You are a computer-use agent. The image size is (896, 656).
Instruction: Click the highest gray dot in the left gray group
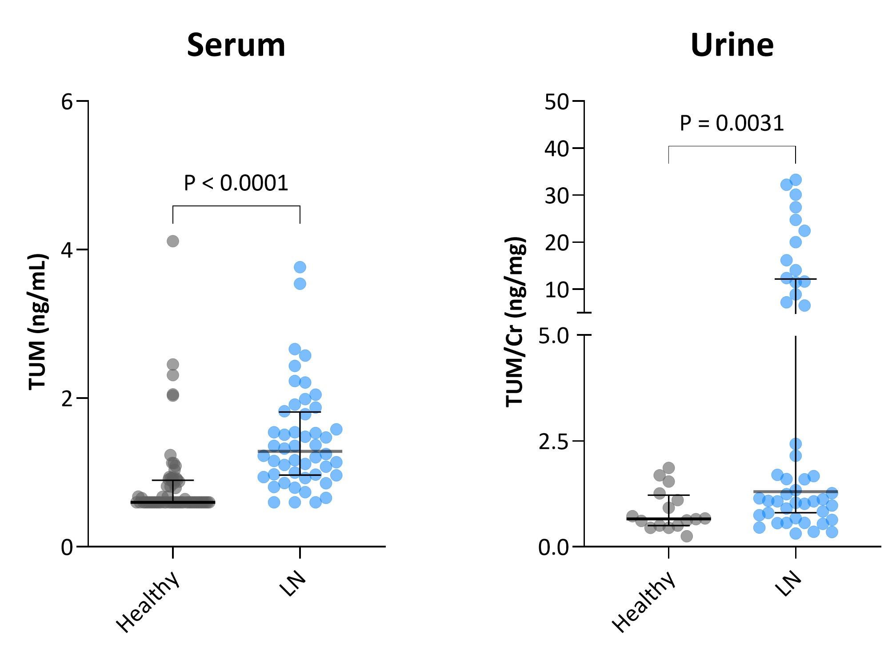[x=173, y=241]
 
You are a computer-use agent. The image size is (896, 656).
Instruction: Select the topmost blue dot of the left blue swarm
[x=300, y=267]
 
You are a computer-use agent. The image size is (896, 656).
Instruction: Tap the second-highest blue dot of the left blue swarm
[x=300, y=283]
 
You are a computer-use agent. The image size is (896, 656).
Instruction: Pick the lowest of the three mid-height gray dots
[x=173, y=395]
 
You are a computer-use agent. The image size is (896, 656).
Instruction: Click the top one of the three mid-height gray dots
[x=173, y=365]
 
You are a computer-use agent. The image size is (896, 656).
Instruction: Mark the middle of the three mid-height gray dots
[x=173, y=375]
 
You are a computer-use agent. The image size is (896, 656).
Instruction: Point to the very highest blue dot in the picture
[x=796, y=180]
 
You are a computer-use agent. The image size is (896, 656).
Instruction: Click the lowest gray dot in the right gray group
[x=687, y=536]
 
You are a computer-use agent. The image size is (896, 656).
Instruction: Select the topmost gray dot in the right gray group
[x=668, y=468]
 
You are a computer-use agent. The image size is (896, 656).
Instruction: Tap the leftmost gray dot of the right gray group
[x=632, y=516]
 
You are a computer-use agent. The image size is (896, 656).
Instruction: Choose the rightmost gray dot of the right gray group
[x=705, y=518]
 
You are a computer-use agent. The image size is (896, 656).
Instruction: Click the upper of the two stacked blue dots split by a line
[x=796, y=444]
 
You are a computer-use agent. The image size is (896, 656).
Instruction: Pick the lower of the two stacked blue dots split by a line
[x=796, y=455]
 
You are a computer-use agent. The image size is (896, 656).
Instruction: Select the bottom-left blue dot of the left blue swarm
[x=274, y=502]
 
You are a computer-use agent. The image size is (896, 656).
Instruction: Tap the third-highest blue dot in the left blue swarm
[x=295, y=349]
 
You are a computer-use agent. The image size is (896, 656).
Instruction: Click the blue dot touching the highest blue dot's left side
[x=786, y=185]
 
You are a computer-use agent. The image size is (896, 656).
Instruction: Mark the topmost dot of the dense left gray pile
[x=170, y=455]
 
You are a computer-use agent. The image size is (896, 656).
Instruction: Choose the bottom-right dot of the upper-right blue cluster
[x=804, y=306]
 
